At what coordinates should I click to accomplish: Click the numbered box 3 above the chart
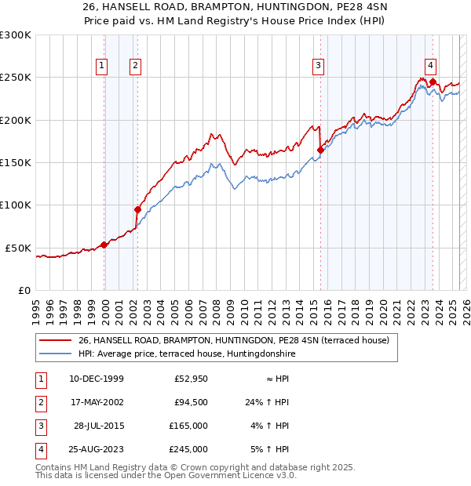point(319,66)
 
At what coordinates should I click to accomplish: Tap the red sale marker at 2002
point(137,209)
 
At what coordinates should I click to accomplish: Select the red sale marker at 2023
point(433,81)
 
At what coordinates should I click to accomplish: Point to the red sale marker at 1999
point(104,245)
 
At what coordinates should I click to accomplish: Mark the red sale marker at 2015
point(320,150)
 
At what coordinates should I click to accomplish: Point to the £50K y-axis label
point(19,248)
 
